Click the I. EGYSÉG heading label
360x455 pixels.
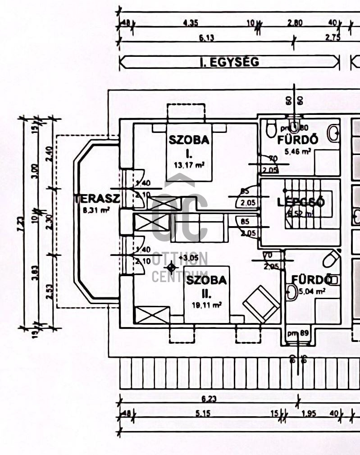click(229, 62)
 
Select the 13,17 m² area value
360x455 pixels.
click(189, 164)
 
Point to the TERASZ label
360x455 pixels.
click(96, 199)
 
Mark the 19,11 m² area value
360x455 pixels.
click(206, 305)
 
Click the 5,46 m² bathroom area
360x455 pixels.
click(297, 152)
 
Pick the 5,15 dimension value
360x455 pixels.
click(199, 414)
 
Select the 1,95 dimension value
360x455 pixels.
click(309, 414)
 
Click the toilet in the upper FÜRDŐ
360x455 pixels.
click(271, 128)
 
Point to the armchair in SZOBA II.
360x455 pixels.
click(262, 304)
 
